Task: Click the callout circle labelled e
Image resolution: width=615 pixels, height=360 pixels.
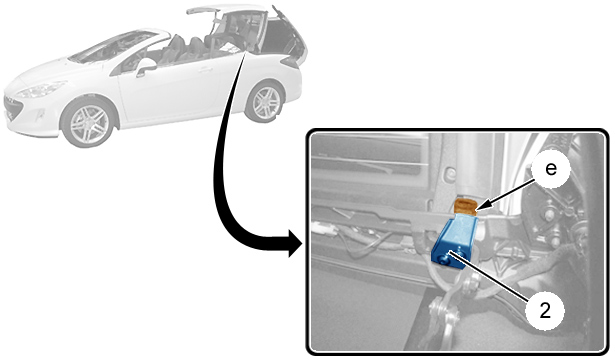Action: coord(551,170)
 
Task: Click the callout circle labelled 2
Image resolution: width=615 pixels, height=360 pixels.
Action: coord(545,312)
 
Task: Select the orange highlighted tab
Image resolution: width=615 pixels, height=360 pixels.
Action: coord(465,206)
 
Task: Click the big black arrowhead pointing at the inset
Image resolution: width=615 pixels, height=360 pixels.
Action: coord(295,243)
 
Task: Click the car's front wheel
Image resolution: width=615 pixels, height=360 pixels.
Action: coord(89,124)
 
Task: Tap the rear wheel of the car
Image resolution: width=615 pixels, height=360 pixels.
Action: coord(265,102)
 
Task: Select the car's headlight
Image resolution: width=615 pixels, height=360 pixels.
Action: coord(42,90)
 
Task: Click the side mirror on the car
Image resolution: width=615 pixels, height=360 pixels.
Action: coord(145,67)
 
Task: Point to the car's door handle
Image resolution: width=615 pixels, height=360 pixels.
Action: coord(205,70)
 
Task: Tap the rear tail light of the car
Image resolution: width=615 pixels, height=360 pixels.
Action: coord(291,62)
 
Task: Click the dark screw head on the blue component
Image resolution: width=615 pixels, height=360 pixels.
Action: coord(444,258)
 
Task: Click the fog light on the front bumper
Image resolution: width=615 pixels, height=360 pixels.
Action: coord(40,115)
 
